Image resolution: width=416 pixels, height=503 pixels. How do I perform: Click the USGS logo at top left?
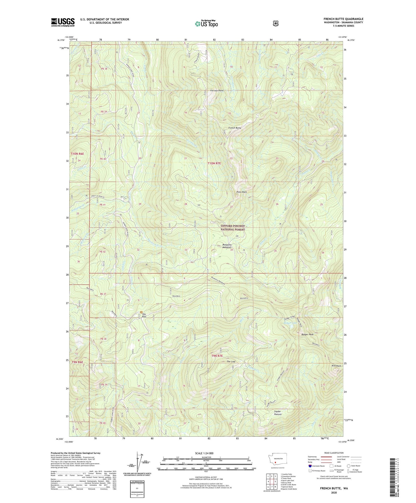pos(63,22)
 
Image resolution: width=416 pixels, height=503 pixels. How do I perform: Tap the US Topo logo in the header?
pos(206,24)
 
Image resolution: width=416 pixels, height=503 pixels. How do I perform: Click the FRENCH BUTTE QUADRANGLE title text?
pos(343,19)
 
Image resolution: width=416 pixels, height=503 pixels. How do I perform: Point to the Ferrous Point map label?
pos(217,90)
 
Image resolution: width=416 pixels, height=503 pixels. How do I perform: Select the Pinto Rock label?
pos(241,192)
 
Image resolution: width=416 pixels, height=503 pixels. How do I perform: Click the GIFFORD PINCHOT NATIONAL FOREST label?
pos(233,228)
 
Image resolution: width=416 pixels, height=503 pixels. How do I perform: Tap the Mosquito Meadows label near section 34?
pos(227,246)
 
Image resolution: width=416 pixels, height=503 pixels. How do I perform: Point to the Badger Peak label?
pos(307,335)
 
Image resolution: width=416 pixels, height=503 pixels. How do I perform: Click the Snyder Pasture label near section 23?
pos(278,413)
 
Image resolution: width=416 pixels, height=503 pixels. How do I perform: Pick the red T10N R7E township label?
pos(214,163)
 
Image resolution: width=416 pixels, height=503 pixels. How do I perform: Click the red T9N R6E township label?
pos(77,362)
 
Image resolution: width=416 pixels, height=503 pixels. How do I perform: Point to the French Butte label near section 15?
pos(235,128)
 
